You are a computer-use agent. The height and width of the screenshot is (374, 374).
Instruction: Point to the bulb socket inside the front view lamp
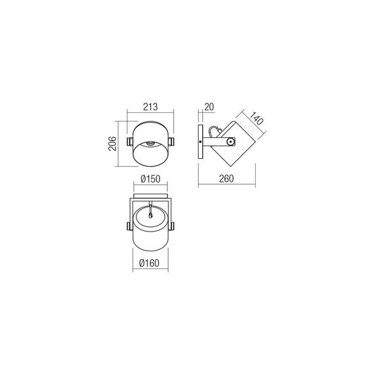[152, 142]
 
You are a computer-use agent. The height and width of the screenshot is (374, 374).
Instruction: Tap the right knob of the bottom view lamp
[173, 226]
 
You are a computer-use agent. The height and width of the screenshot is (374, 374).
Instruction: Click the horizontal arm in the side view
[215, 142]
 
